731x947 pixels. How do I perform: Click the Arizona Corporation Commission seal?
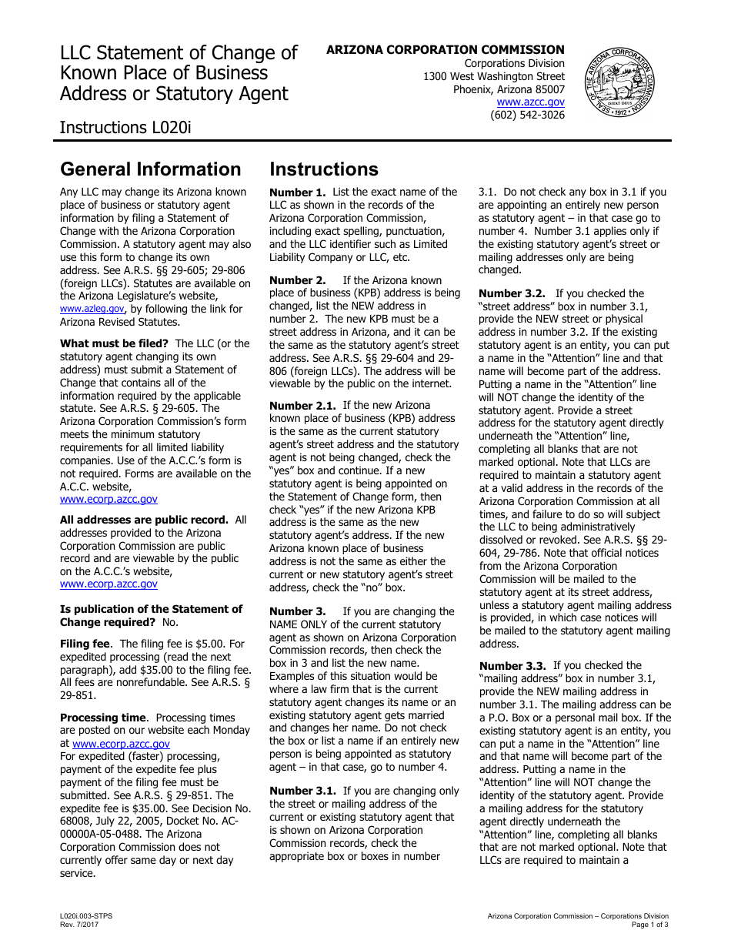(x=619, y=82)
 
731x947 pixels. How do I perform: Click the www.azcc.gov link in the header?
(x=530, y=102)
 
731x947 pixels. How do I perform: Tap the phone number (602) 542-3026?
(x=527, y=115)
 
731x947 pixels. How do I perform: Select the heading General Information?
(x=151, y=169)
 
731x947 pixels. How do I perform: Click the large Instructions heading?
(x=324, y=169)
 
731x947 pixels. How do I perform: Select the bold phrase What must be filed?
(x=114, y=343)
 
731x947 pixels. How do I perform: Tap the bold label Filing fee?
(x=86, y=644)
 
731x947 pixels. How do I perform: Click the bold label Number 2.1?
(x=303, y=405)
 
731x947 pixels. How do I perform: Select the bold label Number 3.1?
(x=303, y=791)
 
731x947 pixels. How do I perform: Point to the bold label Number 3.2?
(x=512, y=293)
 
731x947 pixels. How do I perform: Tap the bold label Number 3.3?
(x=512, y=665)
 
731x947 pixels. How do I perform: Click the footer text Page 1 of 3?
(x=649, y=924)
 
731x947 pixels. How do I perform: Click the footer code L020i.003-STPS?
(x=86, y=915)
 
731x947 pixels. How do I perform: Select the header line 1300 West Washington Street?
(x=493, y=76)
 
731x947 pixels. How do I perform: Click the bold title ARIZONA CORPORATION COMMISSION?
(x=445, y=50)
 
